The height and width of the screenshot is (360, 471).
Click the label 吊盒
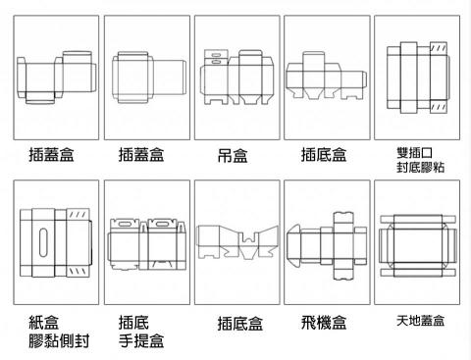pyautogui.click(x=234, y=156)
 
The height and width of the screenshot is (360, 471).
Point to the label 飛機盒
pyautogui.click(x=323, y=323)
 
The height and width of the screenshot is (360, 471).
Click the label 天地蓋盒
pyautogui.click(x=420, y=321)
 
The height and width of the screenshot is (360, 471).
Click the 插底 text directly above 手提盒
pyautogui.click(x=132, y=322)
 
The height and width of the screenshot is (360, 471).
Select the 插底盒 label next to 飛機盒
pyautogui.click(x=239, y=324)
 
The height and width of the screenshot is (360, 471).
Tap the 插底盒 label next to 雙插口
pyautogui.click(x=324, y=155)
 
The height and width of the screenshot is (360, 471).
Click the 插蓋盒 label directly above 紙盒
pyautogui.click(x=52, y=155)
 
